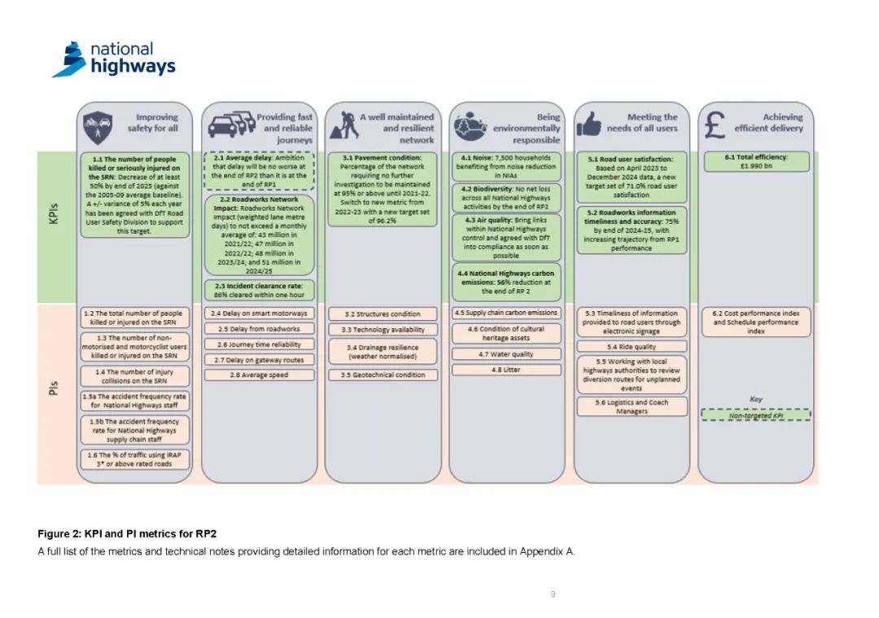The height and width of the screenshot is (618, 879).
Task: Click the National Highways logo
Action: coord(113,59)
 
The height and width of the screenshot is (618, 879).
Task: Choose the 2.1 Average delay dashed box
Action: coord(260,171)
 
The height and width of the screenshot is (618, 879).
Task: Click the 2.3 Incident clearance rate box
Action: coord(260,290)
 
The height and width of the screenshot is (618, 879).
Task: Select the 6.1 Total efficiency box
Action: coord(756,160)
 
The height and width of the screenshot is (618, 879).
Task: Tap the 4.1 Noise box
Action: coord(507,167)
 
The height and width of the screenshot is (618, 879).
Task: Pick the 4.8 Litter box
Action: coord(506,370)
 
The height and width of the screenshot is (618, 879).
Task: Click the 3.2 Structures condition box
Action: coord(383,313)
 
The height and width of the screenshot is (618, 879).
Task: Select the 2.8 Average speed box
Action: coord(258,375)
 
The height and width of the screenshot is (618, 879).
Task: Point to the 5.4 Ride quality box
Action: coord(632,347)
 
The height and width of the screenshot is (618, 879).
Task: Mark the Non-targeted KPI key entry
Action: coord(756,415)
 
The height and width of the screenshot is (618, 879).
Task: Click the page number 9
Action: coord(553,594)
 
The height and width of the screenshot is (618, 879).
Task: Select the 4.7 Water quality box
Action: coord(506,354)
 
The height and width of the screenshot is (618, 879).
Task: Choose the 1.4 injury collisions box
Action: coord(135,375)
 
